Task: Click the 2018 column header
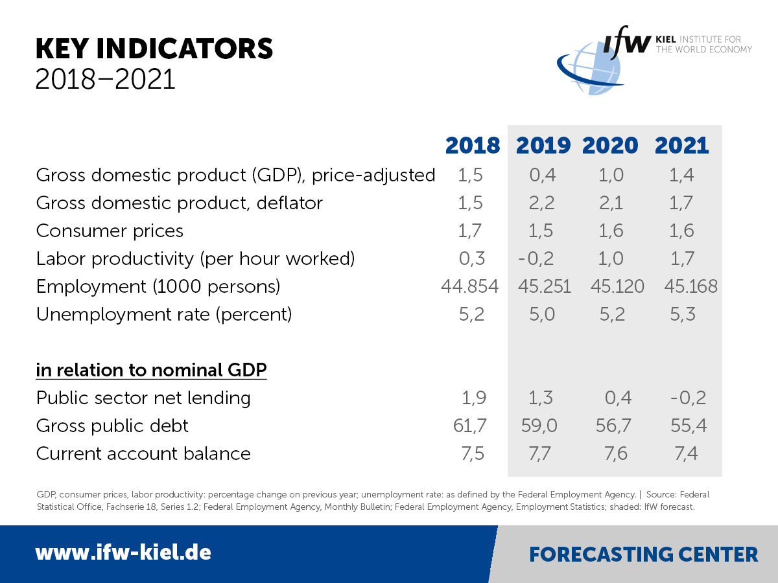pos(473,145)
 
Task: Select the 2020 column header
pos(610,145)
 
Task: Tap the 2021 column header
pos(682,145)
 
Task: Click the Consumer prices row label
pos(110,231)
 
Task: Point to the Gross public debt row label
pos(112,426)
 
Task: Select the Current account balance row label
pos(143,453)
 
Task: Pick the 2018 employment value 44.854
pos(470,286)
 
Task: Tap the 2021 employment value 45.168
pos(690,286)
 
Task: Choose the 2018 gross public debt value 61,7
pos(470,426)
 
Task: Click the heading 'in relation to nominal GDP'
pos(151,370)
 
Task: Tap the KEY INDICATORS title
pos(154,50)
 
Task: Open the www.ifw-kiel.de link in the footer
pos(123,553)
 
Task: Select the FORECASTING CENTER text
pos(643,554)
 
